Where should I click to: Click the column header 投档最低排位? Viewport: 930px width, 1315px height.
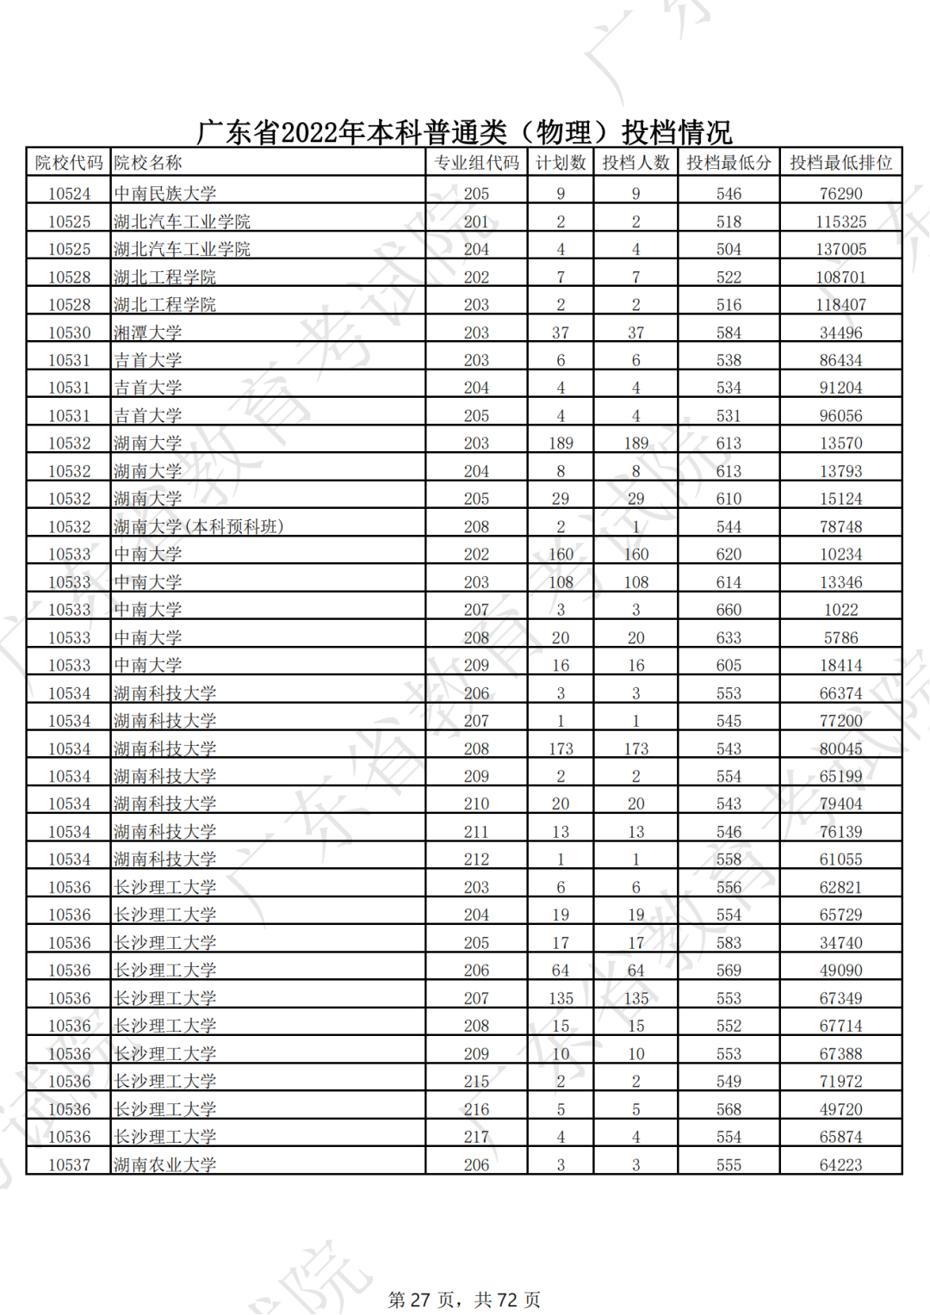[x=840, y=163]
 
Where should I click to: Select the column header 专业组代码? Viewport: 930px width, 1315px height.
[x=476, y=163]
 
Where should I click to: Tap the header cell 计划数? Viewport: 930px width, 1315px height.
[x=561, y=163]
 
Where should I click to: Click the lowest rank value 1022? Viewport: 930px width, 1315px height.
[x=840, y=610]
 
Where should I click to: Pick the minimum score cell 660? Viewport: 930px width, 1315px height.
[x=728, y=610]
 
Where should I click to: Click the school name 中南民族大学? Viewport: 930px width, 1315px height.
[x=165, y=194]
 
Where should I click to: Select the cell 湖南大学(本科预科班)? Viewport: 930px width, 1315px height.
[x=199, y=527]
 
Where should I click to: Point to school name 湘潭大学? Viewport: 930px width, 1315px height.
[x=148, y=332]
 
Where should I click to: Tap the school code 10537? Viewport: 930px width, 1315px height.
[x=69, y=1165]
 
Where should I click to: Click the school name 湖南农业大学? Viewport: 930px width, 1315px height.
[x=165, y=1165]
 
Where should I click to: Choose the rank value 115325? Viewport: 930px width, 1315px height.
[x=840, y=222]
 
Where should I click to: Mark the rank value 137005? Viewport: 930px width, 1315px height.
[x=840, y=250]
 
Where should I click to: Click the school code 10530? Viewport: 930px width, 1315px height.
[x=69, y=332]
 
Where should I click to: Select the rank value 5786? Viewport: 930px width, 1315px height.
[x=840, y=638]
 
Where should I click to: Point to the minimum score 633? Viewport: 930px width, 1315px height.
[x=728, y=638]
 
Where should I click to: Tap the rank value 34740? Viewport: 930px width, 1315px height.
[x=840, y=943]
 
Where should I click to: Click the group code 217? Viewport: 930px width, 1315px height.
[x=476, y=1137]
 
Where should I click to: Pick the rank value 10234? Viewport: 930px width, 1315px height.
[x=840, y=555]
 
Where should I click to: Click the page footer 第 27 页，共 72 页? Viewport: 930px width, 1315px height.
[x=464, y=1299]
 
